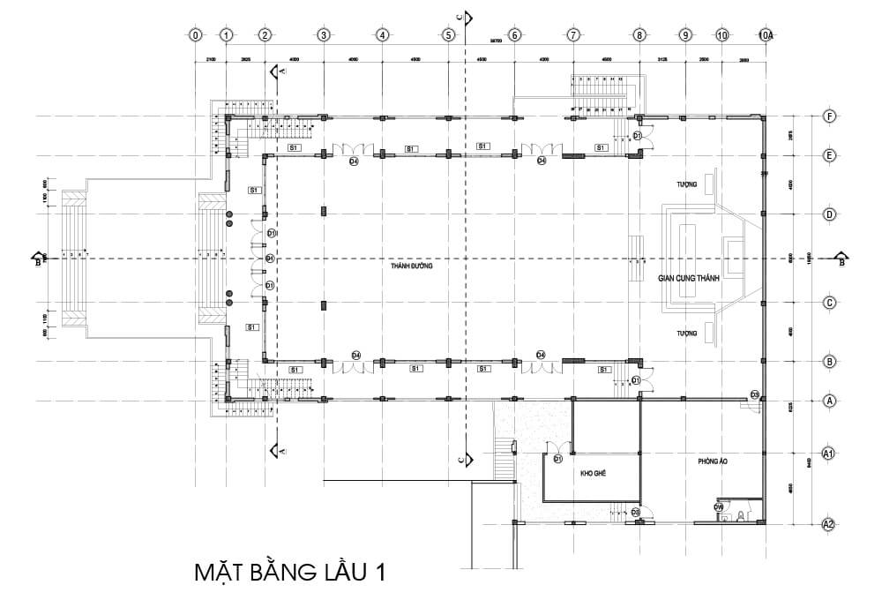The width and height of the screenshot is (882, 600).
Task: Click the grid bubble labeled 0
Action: (195, 35)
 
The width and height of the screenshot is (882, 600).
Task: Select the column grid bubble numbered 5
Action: (449, 35)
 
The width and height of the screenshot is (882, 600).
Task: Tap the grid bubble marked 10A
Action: (766, 35)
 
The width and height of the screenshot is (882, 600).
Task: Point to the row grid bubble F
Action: (828, 116)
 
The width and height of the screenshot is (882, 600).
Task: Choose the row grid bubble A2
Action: (828, 524)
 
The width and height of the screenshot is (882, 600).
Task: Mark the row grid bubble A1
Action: (828, 454)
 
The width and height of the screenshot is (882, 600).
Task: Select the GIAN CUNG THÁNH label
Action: (689, 277)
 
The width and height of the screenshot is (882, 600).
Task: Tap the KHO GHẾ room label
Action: (592, 474)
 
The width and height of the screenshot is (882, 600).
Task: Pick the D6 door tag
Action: (719, 507)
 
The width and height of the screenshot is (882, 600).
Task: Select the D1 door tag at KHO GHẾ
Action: (558, 460)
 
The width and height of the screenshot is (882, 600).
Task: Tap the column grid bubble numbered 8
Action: (638, 35)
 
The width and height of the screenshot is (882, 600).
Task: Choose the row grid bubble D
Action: (828, 214)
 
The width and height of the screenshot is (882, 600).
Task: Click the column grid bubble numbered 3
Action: (323, 35)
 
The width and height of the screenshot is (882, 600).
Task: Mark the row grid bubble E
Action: (828, 154)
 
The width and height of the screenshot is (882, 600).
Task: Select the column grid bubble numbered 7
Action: (573, 35)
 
